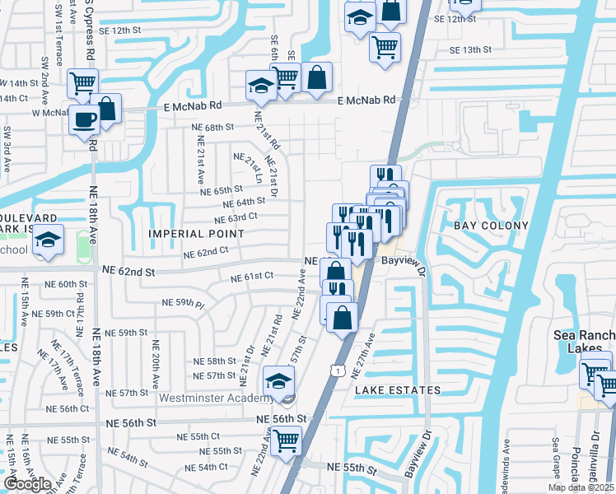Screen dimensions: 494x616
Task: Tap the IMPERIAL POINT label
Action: click(x=196, y=234)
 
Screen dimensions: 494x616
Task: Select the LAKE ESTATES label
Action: click(x=398, y=389)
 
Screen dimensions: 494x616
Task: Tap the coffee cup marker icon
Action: click(x=84, y=120)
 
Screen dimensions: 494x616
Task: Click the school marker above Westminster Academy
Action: click(x=278, y=381)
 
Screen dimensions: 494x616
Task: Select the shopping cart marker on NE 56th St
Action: click(x=286, y=441)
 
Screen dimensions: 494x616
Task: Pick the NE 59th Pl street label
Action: click(x=183, y=303)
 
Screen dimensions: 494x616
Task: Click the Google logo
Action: click(x=27, y=484)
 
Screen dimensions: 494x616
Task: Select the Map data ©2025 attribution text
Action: click(x=580, y=487)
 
